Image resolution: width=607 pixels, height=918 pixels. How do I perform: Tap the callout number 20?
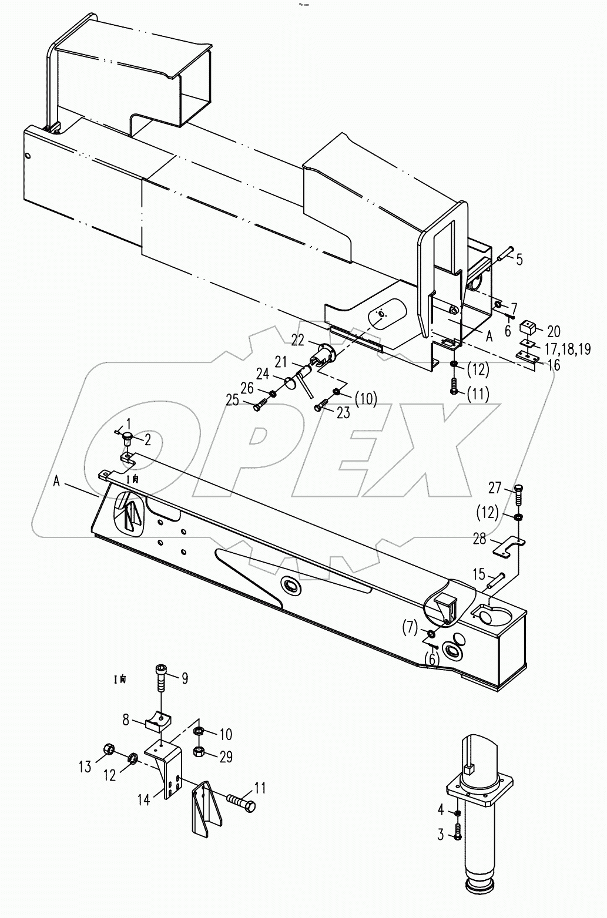[x=554, y=331]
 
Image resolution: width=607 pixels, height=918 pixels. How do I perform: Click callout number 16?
[x=553, y=365]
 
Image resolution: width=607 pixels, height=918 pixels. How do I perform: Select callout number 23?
[x=343, y=413]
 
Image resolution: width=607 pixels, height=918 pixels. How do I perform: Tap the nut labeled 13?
[x=108, y=749]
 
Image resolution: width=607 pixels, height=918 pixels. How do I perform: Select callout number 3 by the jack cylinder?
[x=441, y=835]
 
